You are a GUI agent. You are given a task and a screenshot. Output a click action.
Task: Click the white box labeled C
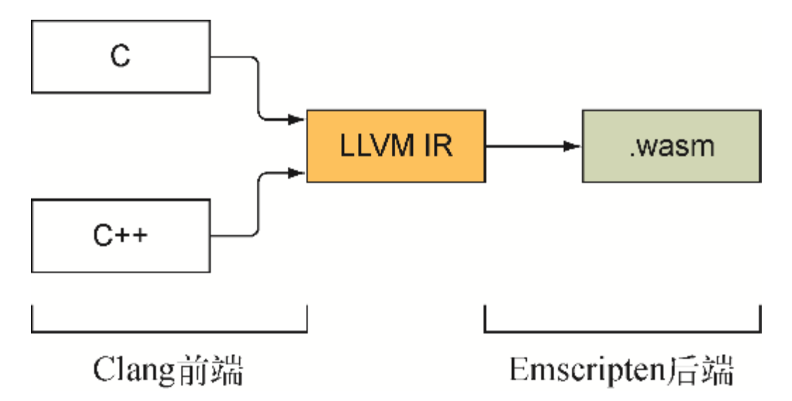(x=120, y=57)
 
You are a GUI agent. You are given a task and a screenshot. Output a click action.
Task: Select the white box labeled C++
(x=120, y=234)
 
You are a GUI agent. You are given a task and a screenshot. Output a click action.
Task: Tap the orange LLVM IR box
(x=395, y=146)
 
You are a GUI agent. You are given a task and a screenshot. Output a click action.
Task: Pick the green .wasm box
(x=670, y=146)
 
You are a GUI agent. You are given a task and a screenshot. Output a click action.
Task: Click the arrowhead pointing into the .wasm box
(x=573, y=146)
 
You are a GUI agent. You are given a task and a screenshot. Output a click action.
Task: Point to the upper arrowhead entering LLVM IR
(x=297, y=119)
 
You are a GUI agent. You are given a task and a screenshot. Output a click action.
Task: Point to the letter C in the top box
(x=120, y=57)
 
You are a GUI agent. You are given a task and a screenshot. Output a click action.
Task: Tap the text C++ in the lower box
(x=120, y=234)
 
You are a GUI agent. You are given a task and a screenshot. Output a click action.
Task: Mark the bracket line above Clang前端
(x=169, y=330)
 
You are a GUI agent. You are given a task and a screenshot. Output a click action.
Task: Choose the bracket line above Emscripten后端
(x=622, y=330)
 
